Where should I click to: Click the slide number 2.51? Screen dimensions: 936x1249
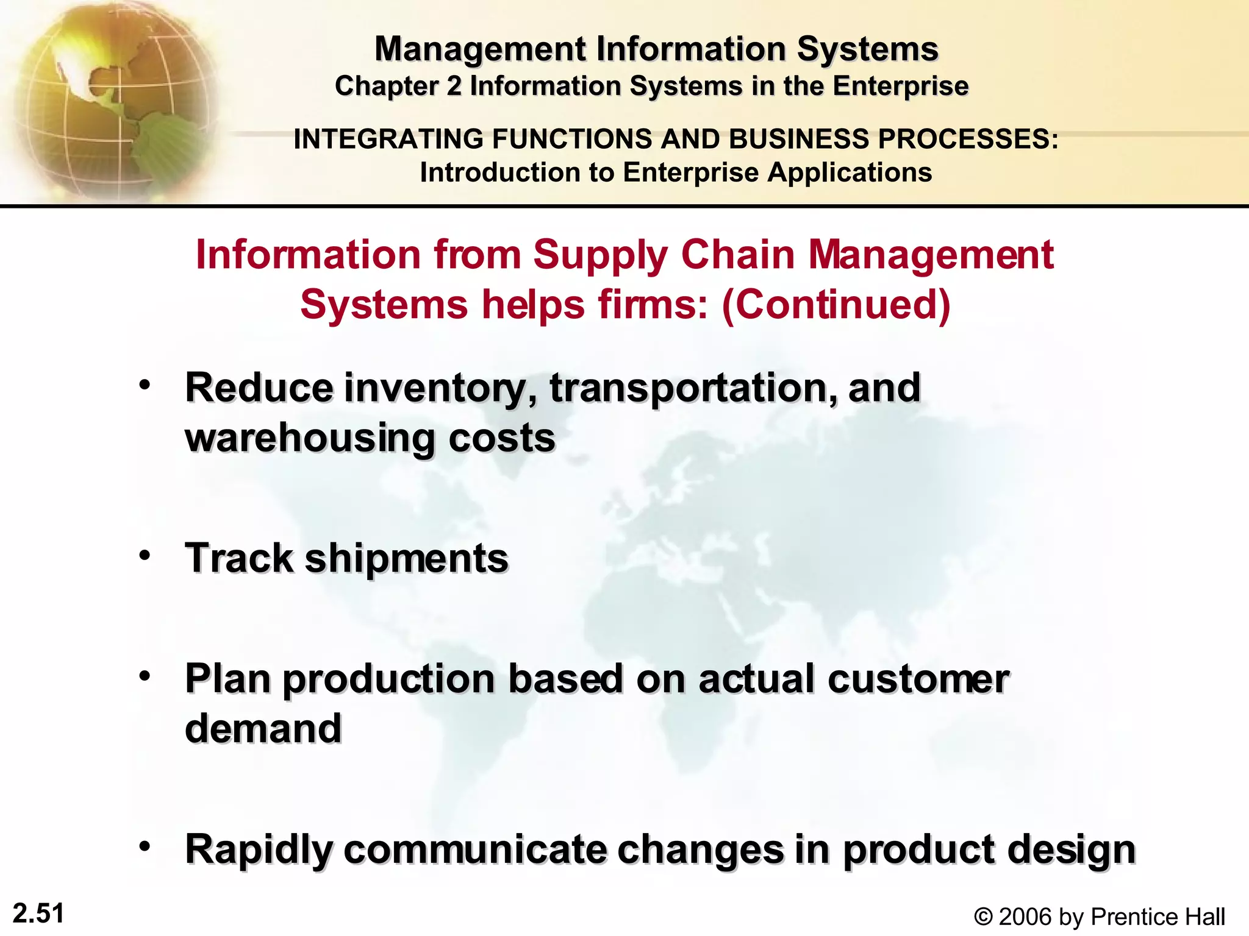tap(38, 913)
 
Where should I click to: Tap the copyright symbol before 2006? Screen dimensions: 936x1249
tap(982, 916)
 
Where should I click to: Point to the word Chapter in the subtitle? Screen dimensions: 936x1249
tap(387, 87)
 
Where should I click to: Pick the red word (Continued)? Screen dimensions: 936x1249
tap(836, 304)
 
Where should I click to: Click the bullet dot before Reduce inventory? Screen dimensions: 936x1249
tap(145, 385)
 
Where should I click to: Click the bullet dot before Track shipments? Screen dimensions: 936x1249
tap(145, 555)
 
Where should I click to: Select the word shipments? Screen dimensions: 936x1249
tap(406, 559)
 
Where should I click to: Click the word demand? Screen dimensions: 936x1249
tap(263, 729)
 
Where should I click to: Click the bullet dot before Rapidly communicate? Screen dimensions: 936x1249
tap(145, 846)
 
